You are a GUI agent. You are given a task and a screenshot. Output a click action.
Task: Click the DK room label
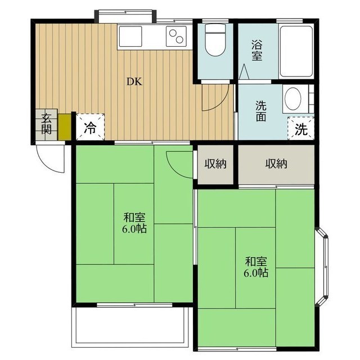click(134, 82)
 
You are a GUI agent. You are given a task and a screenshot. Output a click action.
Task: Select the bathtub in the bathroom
click(296, 51)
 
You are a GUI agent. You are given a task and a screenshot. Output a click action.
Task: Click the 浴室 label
click(256, 50)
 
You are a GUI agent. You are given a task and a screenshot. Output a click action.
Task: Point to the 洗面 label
click(261, 111)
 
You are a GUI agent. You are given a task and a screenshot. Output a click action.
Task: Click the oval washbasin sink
click(292, 99)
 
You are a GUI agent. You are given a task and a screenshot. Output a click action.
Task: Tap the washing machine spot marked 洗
click(301, 129)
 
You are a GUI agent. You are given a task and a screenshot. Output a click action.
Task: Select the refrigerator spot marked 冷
click(90, 127)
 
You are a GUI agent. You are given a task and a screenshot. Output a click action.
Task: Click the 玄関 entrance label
click(46, 124)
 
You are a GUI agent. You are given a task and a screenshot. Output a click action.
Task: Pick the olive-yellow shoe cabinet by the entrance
click(65, 127)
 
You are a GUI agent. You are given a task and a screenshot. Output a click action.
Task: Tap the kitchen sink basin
click(130, 36)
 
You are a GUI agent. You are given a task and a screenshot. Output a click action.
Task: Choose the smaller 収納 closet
click(215, 164)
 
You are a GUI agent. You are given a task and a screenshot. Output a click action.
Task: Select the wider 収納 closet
click(276, 164)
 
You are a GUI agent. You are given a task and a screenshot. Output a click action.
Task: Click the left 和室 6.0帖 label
click(134, 223)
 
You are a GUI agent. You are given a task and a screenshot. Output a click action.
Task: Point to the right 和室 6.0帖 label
click(256, 267)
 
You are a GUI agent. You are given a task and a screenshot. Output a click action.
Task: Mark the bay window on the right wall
click(322, 267)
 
